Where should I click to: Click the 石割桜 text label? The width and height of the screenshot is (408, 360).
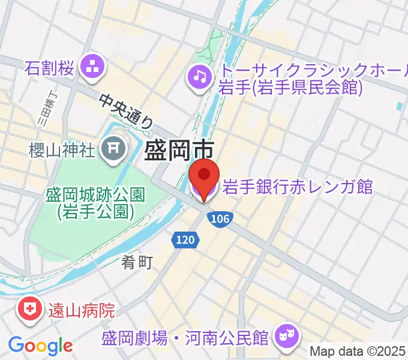point(49,68)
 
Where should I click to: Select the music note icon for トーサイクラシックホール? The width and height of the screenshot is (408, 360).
point(199,76)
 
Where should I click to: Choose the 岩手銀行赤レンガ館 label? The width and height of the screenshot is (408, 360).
point(298,187)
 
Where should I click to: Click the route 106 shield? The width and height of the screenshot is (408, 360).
point(220,219)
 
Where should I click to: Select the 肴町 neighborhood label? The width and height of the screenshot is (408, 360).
point(137,262)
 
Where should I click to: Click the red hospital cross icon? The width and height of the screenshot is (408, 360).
point(28,310)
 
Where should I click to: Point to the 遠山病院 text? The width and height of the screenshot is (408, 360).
point(78,311)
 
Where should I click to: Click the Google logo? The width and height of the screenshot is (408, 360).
point(40,346)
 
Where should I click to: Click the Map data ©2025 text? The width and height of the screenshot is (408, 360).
point(358,352)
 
